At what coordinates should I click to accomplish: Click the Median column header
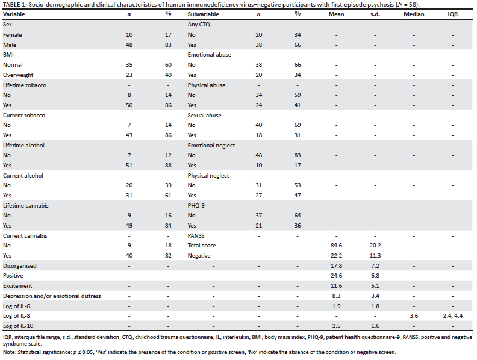click(414, 14)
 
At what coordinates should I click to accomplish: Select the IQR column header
click(453, 14)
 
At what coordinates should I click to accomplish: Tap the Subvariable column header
click(203, 14)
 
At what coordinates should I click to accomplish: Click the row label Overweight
click(18, 75)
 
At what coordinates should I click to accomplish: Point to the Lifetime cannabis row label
click(26, 206)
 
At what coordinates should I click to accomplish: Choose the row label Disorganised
click(20, 266)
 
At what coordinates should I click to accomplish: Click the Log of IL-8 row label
click(16, 316)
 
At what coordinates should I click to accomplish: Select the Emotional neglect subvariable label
click(211, 146)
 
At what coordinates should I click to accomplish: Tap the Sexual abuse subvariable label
click(204, 116)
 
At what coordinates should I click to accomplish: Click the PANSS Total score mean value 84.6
click(337, 246)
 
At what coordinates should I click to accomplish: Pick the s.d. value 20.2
click(375, 246)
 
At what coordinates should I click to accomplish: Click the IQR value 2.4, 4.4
click(453, 316)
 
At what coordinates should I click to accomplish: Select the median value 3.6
click(414, 316)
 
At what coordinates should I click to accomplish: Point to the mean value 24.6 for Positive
click(337, 276)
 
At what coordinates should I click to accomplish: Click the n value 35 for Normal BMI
click(129, 65)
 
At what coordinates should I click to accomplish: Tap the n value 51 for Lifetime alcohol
click(129, 166)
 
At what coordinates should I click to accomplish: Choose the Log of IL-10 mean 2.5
click(337, 326)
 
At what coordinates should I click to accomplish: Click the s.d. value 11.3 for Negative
click(375, 256)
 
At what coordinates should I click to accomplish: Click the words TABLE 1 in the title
click(15, 5)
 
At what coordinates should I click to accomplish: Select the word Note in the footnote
click(9, 352)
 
